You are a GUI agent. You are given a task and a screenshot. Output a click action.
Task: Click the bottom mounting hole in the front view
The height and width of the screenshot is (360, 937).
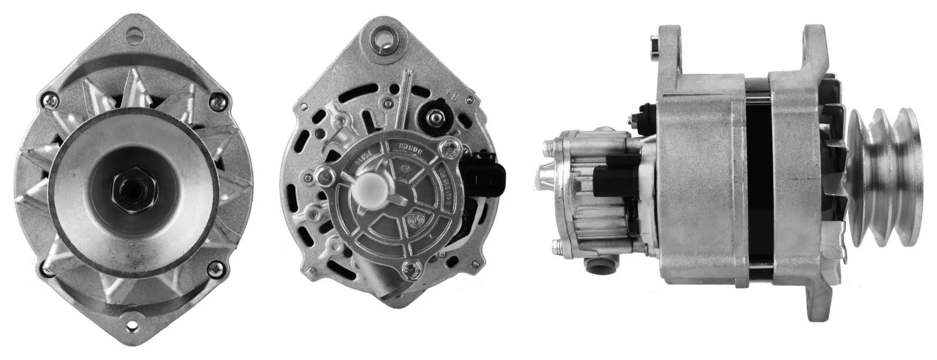coord(132,328)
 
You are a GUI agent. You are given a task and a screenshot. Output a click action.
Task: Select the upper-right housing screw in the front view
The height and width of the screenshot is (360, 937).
coord(217,101)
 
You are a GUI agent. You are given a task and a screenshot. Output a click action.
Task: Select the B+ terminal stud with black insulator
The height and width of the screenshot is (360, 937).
coord(435,117)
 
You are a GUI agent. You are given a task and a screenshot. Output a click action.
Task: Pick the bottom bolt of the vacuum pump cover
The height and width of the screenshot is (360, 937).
coord(411,268)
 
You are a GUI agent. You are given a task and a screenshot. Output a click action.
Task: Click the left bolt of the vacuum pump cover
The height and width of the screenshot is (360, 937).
coord(325,176)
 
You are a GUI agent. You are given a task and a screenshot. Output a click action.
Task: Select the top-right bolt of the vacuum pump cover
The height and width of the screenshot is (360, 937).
coord(451,149)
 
